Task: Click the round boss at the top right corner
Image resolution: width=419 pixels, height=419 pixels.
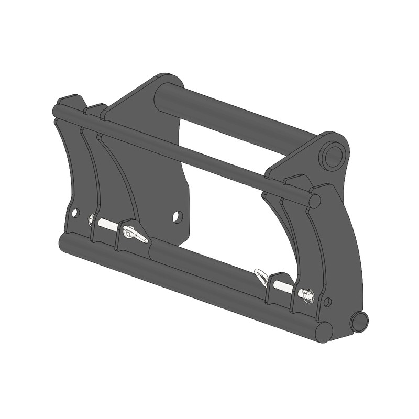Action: [334, 155]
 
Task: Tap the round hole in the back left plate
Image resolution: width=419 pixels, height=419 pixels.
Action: [178, 216]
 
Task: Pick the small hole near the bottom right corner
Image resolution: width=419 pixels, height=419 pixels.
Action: [328, 302]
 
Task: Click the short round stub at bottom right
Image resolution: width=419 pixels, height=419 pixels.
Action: [359, 321]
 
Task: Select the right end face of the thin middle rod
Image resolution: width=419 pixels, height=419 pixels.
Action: [314, 201]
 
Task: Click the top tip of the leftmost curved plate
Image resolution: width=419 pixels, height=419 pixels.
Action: [68, 98]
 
